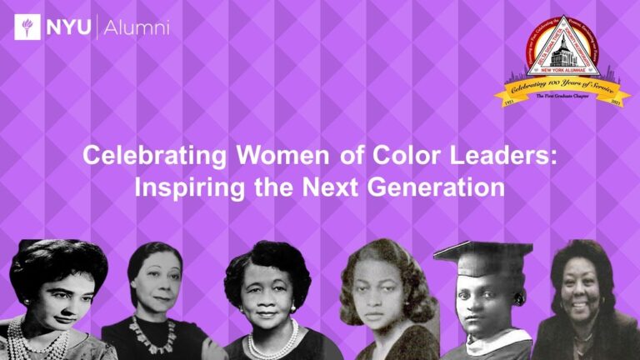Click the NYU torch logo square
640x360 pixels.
coord(27,27)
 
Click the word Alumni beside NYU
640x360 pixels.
coord(138,28)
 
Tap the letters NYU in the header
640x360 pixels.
coord(70,28)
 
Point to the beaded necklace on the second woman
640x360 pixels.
coord(153,333)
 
